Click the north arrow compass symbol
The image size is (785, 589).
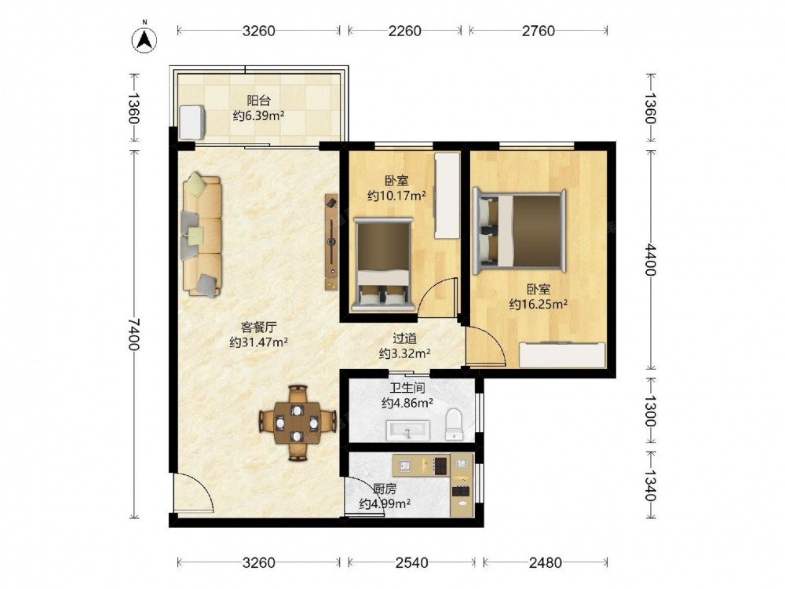(144, 39)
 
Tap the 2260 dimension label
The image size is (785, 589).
(404, 31)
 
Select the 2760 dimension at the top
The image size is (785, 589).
(539, 31)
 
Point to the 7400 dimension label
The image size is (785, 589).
(133, 335)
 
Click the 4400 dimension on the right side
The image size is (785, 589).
(650, 259)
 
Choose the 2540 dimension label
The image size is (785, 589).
(411, 563)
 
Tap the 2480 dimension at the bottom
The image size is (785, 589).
(546, 563)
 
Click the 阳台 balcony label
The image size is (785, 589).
(258, 101)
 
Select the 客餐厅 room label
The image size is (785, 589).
(258, 327)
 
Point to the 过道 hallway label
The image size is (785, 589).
(404, 338)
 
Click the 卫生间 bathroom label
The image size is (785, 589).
(407, 388)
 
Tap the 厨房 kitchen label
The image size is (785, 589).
(385, 488)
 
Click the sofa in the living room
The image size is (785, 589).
(201, 235)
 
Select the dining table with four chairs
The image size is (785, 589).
(298, 423)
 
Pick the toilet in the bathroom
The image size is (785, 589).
(454, 425)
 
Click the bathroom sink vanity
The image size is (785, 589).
(408, 430)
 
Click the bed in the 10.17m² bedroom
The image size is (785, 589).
(383, 265)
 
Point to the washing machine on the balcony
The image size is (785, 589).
(192, 123)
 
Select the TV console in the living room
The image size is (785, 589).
(331, 243)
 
